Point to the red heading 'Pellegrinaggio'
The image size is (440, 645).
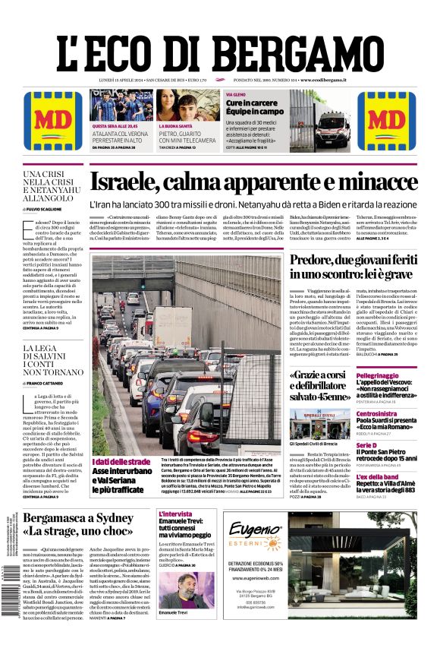point(377,375)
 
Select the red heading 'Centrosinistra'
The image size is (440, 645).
point(377,414)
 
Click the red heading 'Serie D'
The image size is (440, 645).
point(366,445)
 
